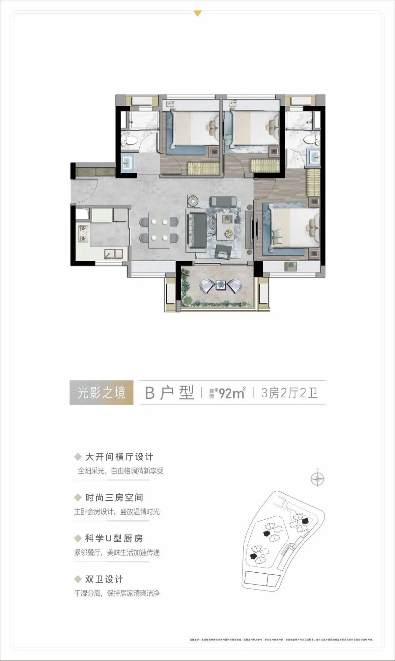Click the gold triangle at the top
coord(197,14)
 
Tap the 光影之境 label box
coord(101,393)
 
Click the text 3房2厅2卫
coord(289,393)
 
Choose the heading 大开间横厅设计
coord(119,457)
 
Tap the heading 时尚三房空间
coord(114,498)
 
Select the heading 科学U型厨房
coord(114,538)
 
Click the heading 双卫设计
coord(104,579)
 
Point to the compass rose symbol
coord(317,478)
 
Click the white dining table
coord(159,229)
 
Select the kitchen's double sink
coord(114,253)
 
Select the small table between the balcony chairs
coord(221,284)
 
